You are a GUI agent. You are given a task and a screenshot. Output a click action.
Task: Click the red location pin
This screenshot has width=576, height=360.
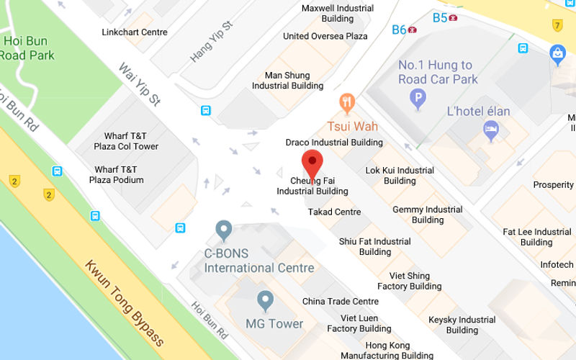tap(312, 163)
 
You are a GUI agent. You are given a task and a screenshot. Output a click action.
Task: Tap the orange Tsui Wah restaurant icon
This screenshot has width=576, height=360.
tap(348, 104)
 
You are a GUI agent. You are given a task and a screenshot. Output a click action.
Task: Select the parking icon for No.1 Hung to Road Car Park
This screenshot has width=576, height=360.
tap(418, 98)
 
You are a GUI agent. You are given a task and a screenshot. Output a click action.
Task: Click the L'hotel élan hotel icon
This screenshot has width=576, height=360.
tap(491, 130)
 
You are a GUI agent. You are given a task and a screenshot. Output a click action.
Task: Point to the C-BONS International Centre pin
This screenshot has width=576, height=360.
tap(224, 230)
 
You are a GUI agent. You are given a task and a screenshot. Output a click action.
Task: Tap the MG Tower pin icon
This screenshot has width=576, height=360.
tap(266, 301)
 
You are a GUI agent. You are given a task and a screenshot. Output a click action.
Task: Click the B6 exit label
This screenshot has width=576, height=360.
tap(400, 30)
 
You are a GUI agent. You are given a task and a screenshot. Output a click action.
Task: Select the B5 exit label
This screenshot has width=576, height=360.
tap(440, 17)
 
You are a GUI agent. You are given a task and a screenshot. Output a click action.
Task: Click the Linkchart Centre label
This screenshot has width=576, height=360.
tap(135, 32)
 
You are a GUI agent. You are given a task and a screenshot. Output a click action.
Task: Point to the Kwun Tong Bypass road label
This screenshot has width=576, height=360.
tap(125, 302)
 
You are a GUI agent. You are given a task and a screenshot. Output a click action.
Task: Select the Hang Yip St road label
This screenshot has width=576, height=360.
tap(212, 41)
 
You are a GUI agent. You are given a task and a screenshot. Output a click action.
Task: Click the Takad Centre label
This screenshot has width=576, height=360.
tap(334, 212)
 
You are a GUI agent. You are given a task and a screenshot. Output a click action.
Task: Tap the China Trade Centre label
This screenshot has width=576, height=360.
tap(340, 302)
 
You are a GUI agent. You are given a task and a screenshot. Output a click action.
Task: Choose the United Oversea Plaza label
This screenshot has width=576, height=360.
tap(325, 36)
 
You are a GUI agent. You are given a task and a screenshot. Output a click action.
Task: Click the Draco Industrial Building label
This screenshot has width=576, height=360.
tap(334, 143)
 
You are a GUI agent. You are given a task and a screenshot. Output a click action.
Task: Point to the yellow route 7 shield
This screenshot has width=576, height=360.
tap(557, 25)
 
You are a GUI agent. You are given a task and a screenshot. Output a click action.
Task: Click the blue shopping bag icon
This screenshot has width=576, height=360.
tap(557, 53)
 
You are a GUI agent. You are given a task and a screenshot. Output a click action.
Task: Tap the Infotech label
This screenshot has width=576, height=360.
tap(557, 265)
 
